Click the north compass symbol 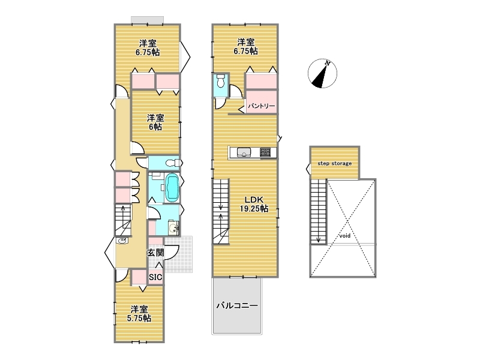(322, 73)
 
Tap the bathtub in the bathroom (172, 188)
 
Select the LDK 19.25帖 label (254, 204)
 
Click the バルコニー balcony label (237, 305)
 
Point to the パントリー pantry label (262, 106)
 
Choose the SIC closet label (155, 277)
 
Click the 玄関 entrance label (155, 253)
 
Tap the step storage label (334, 163)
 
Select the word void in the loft (344, 236)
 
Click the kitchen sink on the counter (244, 152)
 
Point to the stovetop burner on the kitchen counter (265, 152)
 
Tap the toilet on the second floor (220, 81)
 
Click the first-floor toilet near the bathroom (172, 163)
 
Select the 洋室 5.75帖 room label (139, 314)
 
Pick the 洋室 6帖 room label (155, 122)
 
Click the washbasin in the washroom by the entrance (174, 228)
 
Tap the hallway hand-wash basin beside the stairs (122, 241)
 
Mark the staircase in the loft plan (319, 212)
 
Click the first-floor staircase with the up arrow (123, 220)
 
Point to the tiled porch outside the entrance (178, 254)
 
